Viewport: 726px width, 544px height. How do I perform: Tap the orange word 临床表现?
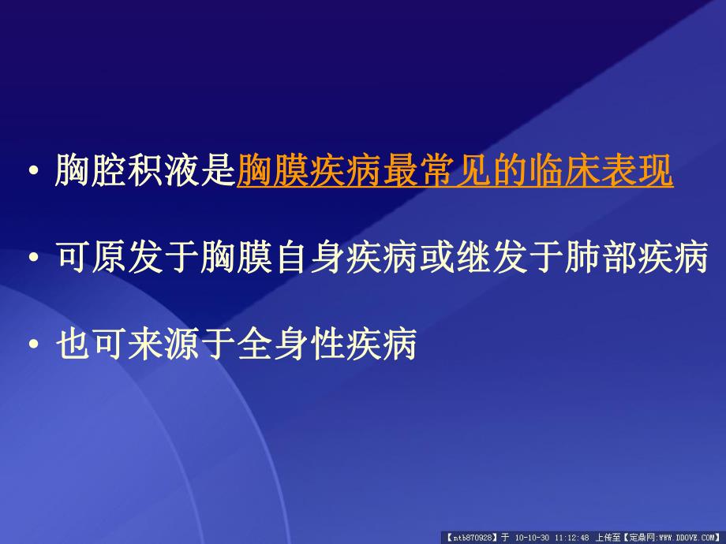click(x=600, y=171)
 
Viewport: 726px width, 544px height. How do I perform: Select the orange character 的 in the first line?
click(x=509, y=171)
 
